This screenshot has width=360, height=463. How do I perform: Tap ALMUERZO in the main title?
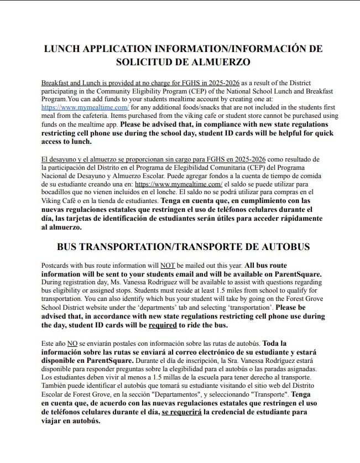pyautogui.click(x=217, y=62)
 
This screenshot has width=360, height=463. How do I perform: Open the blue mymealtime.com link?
pyautogui.click(x=85, y=107)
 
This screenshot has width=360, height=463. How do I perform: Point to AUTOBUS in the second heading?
pyautogui.click(x=283, y=246)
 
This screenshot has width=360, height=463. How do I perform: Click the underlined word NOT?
pyautogui.click(x=168, y=266)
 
